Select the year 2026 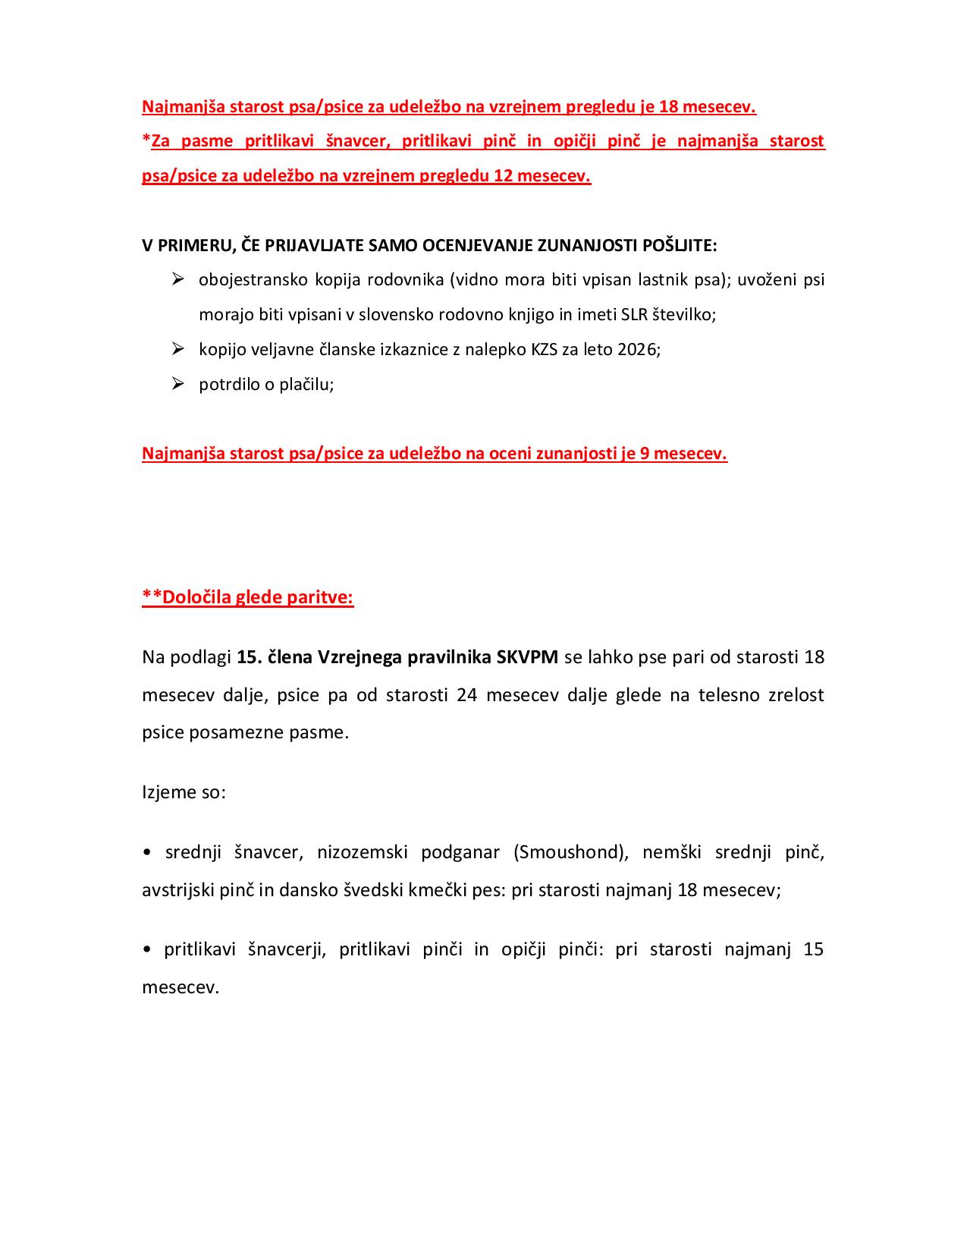point(637,350)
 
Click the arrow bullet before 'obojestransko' point(178,279)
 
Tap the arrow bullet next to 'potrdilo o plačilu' point(178,384)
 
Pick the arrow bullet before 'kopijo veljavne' point(178,349)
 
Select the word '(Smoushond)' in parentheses point(571,852)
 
